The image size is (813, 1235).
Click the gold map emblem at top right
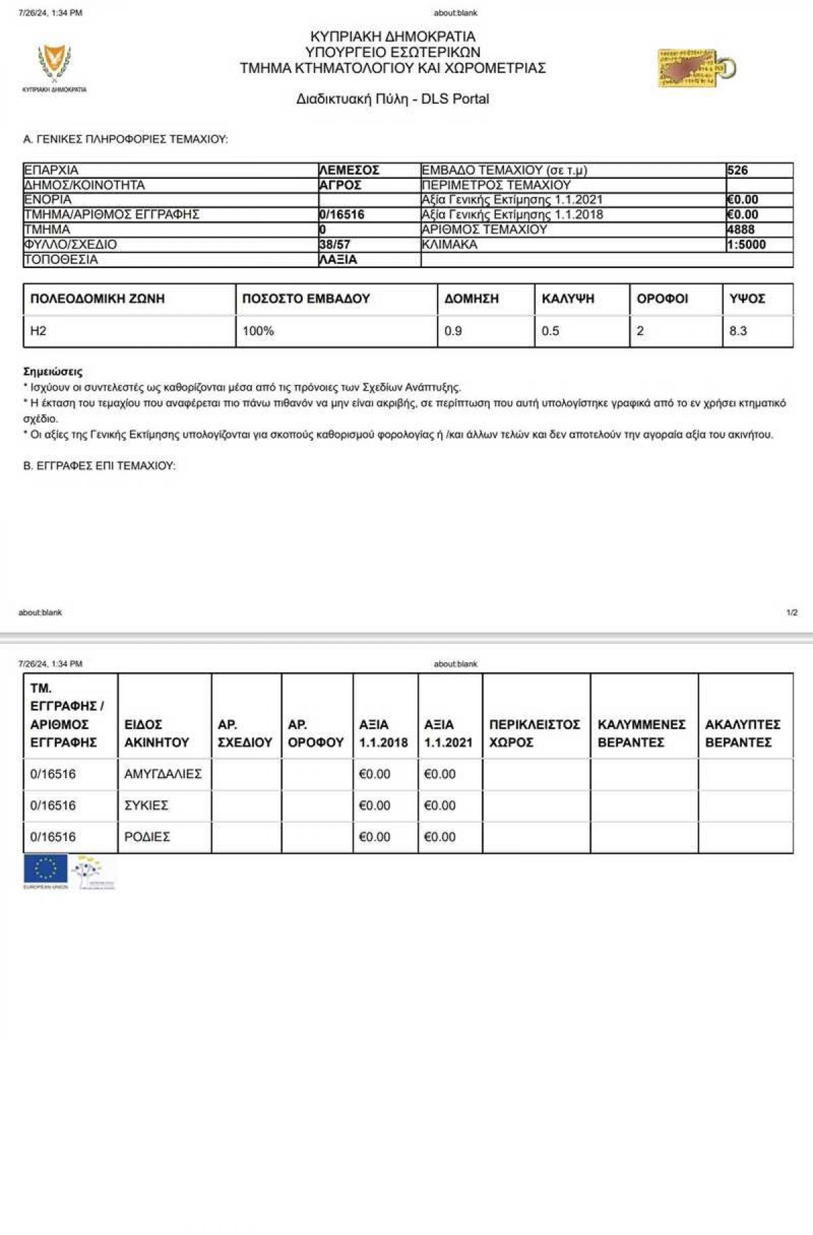pos(696,68)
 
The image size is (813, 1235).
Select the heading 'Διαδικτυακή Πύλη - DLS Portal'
pos(392,99)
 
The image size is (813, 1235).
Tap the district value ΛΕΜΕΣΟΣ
pos(349,170)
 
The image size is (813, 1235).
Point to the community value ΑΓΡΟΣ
pos(340,185)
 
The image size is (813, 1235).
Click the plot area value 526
pos(737,170)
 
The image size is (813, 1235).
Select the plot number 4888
pos(741,230)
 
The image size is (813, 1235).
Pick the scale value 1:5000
pos(746,244)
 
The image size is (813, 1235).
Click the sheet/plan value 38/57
pos(335,244)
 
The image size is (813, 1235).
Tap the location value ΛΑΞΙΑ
pos(338,259)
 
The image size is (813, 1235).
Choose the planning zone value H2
pos(39,331)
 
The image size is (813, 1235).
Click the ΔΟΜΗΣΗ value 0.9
pos(453,331)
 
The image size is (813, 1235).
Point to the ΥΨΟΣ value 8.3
pos(738,331)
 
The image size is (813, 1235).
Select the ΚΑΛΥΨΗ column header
pos(568,299)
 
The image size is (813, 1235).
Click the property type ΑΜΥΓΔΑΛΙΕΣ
pos(163,774)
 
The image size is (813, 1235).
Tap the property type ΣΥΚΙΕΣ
pos(146,805)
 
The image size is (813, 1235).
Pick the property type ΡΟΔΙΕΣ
pos(147,837)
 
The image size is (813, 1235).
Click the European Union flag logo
pos(45,870)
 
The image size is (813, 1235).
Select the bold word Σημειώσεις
pos(53,372)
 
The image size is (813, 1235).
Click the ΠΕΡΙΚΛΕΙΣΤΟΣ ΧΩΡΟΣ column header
pos(535,733)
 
